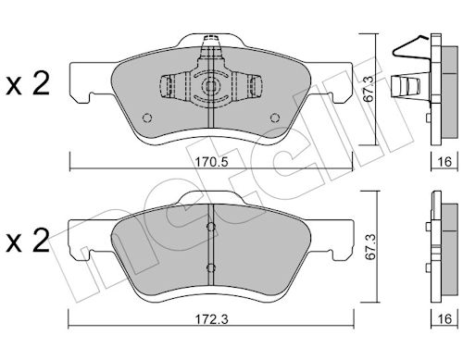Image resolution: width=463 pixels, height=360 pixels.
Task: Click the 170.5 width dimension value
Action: click(212, 161)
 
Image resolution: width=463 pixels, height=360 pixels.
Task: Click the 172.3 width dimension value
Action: click(212, 319)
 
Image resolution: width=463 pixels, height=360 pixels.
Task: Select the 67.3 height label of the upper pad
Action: click(369, 89)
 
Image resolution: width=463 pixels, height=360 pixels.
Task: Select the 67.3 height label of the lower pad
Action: click(369, 246)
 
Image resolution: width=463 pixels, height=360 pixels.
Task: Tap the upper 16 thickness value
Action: click(444, 161)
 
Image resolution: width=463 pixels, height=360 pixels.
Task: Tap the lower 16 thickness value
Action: click(444, 318)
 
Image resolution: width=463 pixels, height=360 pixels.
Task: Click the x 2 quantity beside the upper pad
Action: click(28, 84)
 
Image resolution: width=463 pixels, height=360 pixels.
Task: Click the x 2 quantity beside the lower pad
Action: click(28, 241)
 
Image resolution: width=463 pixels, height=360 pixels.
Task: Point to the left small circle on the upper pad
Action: click(147, 118)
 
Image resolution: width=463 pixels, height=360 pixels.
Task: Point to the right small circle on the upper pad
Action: click(275, 118)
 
